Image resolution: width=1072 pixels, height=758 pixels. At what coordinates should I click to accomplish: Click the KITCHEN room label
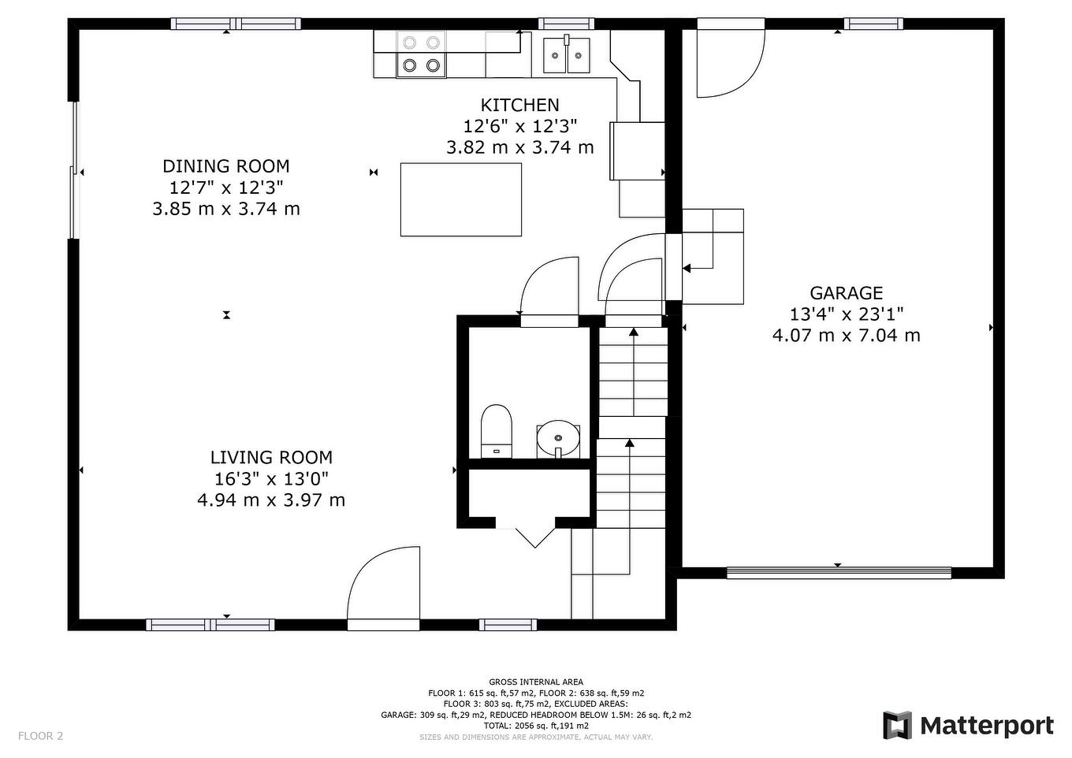[x=519, y=105]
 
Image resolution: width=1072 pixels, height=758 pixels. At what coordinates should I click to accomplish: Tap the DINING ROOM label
[x=226, y=166]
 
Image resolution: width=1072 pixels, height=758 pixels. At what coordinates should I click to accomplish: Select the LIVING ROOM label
[x=271, y=458]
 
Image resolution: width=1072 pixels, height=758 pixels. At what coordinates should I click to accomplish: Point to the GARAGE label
[x=846, y=292]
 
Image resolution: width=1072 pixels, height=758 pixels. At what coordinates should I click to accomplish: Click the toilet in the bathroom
[x=497, y=431]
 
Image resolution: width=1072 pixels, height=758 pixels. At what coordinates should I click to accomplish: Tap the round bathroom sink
[x=558, y=438]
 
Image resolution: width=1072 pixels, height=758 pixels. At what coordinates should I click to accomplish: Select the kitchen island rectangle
[x=461, y=199]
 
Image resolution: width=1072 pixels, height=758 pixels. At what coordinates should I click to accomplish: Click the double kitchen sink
[x=567, y=54]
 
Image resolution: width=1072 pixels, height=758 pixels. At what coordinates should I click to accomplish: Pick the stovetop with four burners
[x=421, y=54]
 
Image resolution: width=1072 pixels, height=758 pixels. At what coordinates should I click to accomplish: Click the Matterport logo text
[x=987, y=726]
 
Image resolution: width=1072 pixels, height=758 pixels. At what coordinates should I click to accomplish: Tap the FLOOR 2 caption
[x=41, y=736]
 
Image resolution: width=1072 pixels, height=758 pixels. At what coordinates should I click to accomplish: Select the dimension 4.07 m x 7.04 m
[x=846, y=335]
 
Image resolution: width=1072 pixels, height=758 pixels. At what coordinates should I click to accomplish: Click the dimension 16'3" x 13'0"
[x=271, y=478]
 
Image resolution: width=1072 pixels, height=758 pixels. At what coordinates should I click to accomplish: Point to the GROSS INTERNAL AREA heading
[x=536, y=682]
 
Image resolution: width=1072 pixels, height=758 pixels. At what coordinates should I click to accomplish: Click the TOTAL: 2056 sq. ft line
[x=536, y=726]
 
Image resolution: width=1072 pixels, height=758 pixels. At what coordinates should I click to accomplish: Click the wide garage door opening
[x=839, y=573]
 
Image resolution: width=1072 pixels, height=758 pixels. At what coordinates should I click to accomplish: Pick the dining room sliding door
[x=73, y=170]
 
